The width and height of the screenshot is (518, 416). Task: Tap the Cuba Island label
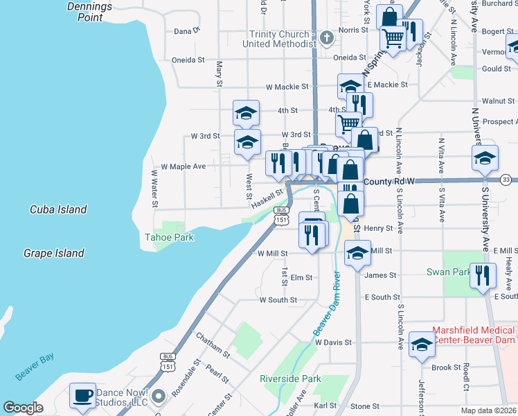coord(58,209)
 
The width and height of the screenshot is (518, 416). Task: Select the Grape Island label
coord(53,254)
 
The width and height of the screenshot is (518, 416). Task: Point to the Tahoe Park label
coord(169,238)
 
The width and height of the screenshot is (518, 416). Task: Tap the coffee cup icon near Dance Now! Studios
coord(82,396)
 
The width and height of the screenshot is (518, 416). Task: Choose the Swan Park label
coord(448,272)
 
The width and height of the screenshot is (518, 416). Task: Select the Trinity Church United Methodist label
coord(279,39)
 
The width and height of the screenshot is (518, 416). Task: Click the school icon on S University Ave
coord(485,158)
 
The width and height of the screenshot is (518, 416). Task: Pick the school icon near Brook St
coord(422,345)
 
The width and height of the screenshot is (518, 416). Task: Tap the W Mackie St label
coord(287,87)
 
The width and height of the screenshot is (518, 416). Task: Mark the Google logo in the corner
coord(23,408)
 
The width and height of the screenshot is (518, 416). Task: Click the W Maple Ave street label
coord(183,167)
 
